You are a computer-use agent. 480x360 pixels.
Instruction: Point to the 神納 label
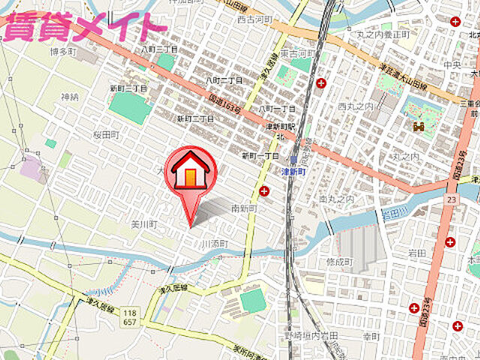(x=70, y=97)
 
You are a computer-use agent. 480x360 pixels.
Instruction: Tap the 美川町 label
(x=143, y=223)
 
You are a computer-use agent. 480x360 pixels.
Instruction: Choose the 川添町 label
(x=214, y=244)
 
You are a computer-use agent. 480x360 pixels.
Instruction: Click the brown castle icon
(x=417, y=127)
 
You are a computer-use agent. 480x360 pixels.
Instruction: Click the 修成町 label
(x=339, y=262)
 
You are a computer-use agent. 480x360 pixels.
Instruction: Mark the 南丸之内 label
(x=335, y=199)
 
